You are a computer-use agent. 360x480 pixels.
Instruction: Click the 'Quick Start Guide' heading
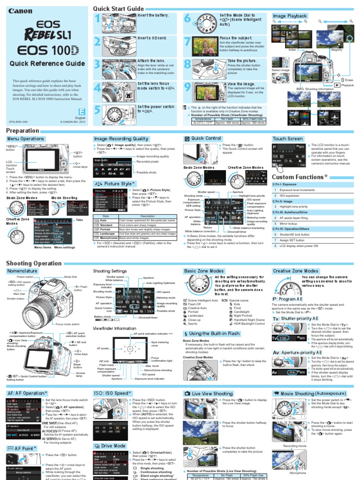(x=118, y=9)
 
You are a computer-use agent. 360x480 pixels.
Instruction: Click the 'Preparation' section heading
(x=22, y=130)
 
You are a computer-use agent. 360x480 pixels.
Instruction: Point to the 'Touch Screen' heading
(x=287, y=139)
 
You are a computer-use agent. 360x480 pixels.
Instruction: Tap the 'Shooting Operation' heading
(x=34, y=263)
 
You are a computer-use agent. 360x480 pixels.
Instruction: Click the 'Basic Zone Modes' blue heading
(x=204, y=271)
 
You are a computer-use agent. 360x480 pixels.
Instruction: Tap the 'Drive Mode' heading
(x=112, y=446)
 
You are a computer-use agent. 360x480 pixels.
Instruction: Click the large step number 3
(x=97, y=65)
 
